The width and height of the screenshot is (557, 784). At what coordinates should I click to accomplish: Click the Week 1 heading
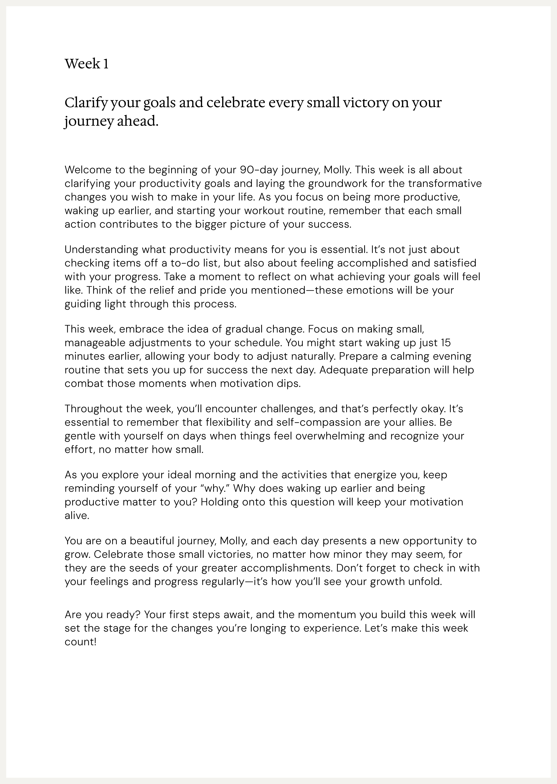click(87, 64)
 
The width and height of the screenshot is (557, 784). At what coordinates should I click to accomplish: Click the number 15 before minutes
click(444, 342)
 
